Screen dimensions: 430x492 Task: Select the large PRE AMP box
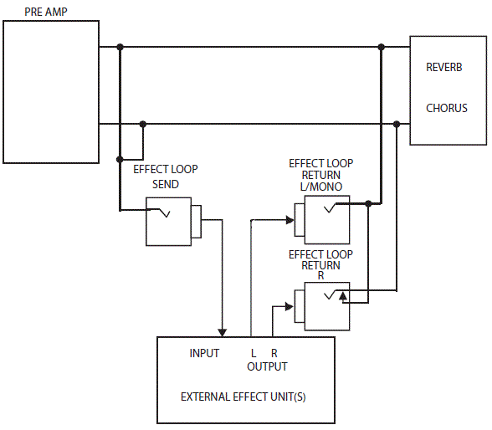[x=50, y=92]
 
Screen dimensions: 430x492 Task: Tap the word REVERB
[x=444, y=68]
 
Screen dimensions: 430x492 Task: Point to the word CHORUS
[x=447, y=108]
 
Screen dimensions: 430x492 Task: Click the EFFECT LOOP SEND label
[x=166, y=177]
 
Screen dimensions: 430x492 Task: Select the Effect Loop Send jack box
[x=168, y=222]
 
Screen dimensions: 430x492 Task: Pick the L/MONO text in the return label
[x=320, y=187]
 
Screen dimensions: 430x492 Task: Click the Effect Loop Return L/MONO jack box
[x=327, y=221]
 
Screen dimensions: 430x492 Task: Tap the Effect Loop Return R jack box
[x=327, y=305]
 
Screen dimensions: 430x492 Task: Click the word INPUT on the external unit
[x=204, y=354]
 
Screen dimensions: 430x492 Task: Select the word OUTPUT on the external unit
[x=267, y=366]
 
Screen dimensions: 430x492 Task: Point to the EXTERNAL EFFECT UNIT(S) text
[x=243, y=396]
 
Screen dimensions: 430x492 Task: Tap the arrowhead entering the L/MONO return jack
[x=290, y=221]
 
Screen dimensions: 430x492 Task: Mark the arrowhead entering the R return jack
[x=290, y=305]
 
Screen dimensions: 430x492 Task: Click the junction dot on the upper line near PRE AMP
[x=120, y=47]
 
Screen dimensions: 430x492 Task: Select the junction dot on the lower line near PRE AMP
[x=143, y=124]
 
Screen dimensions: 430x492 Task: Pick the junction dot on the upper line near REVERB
[x=382, y=47]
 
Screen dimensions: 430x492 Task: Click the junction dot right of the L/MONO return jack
[x=368, y=203]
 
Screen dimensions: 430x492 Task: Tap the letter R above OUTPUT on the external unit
[x=274, y=354]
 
